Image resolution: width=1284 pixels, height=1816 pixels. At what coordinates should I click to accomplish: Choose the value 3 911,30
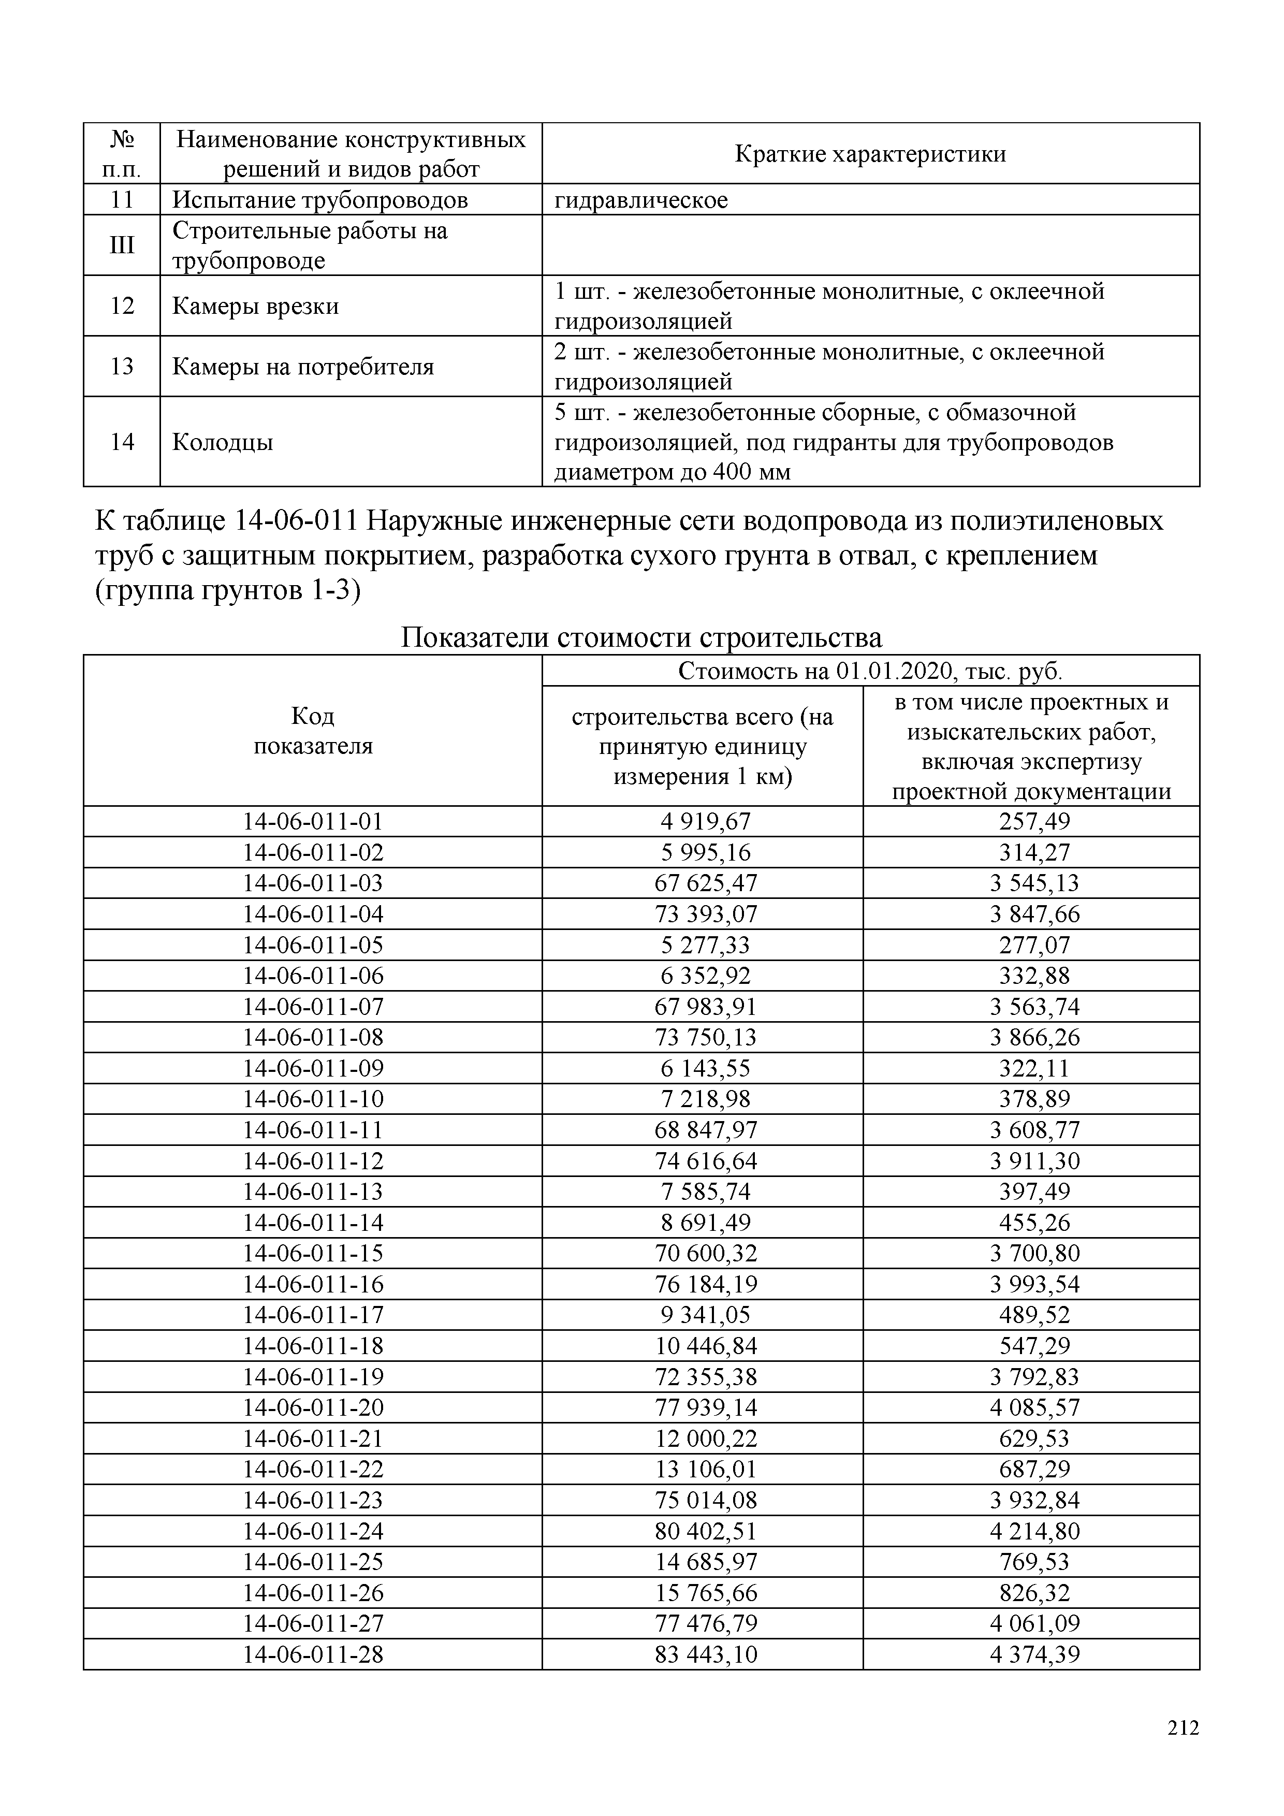click(1034, 1161)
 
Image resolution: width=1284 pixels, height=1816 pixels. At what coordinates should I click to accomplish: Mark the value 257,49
click(1034, 822)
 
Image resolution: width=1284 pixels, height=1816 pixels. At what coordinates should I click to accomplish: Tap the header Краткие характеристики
click(870, 153)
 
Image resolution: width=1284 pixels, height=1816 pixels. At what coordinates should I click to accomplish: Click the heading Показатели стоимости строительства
click(641, 637)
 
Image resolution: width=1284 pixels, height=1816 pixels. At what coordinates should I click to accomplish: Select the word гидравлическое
click(640, 200)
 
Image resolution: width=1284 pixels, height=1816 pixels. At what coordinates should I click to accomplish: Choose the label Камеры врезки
click(255, 306)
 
